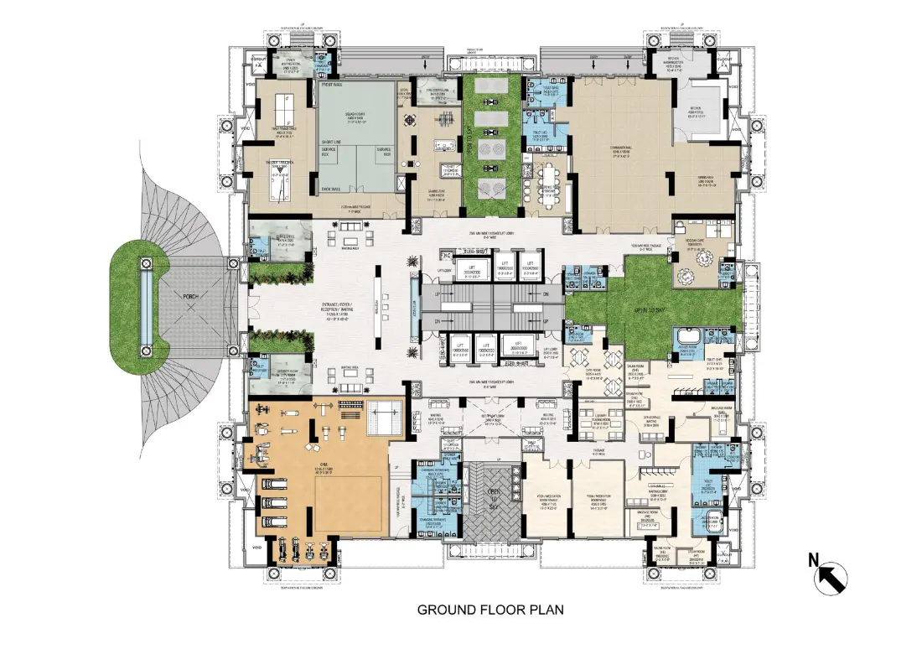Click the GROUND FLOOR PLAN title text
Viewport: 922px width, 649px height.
[490, 610]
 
